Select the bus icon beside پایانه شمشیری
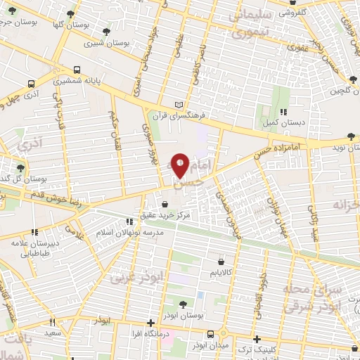coord(76,70)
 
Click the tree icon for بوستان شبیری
coord(105,31)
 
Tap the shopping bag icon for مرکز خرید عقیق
coord(165,204)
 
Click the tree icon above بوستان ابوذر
coord(183,304)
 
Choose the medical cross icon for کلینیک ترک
coord(257,338)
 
